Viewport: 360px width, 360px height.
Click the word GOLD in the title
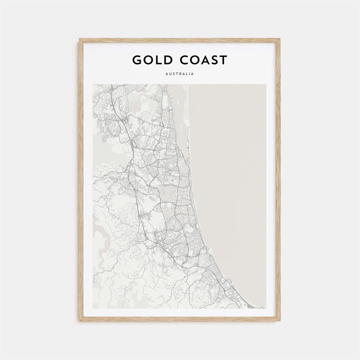(x=152, y=60)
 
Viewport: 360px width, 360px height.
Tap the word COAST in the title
(x=203, y=60)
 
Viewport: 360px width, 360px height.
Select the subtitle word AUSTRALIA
(x=180, y=74)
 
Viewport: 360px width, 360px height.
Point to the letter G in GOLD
(x=137, y=60)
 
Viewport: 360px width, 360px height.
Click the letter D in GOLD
(x=169, y=60)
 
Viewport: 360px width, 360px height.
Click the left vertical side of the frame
(x=80, y=180)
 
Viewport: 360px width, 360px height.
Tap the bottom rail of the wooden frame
(x=180, y=319)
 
